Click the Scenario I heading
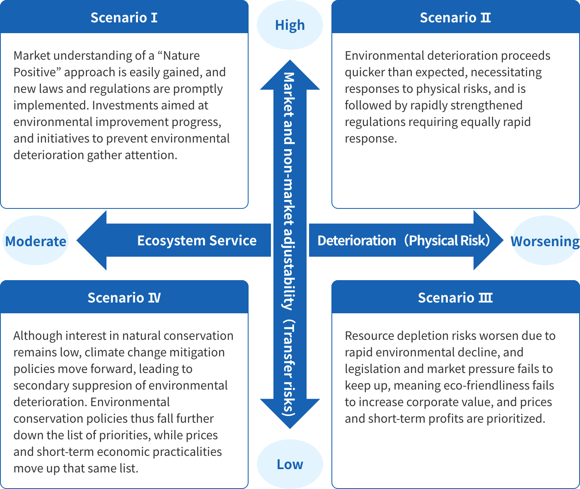click(x=124, y=18)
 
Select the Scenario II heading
click(x=455, y=18)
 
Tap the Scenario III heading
click(x=455, y=298)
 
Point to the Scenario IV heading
click(x=124, y=298)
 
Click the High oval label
click(x=290, y=25)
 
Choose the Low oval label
click(x=290, y=464)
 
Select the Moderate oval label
click(x=36, y=241)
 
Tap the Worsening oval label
click(x=545, y=241)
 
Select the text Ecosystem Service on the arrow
click(x=197, y=241)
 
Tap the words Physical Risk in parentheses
click(x=447, y=241)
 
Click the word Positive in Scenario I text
click(x=34, y=72)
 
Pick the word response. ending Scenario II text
click(x=371, y=138)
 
